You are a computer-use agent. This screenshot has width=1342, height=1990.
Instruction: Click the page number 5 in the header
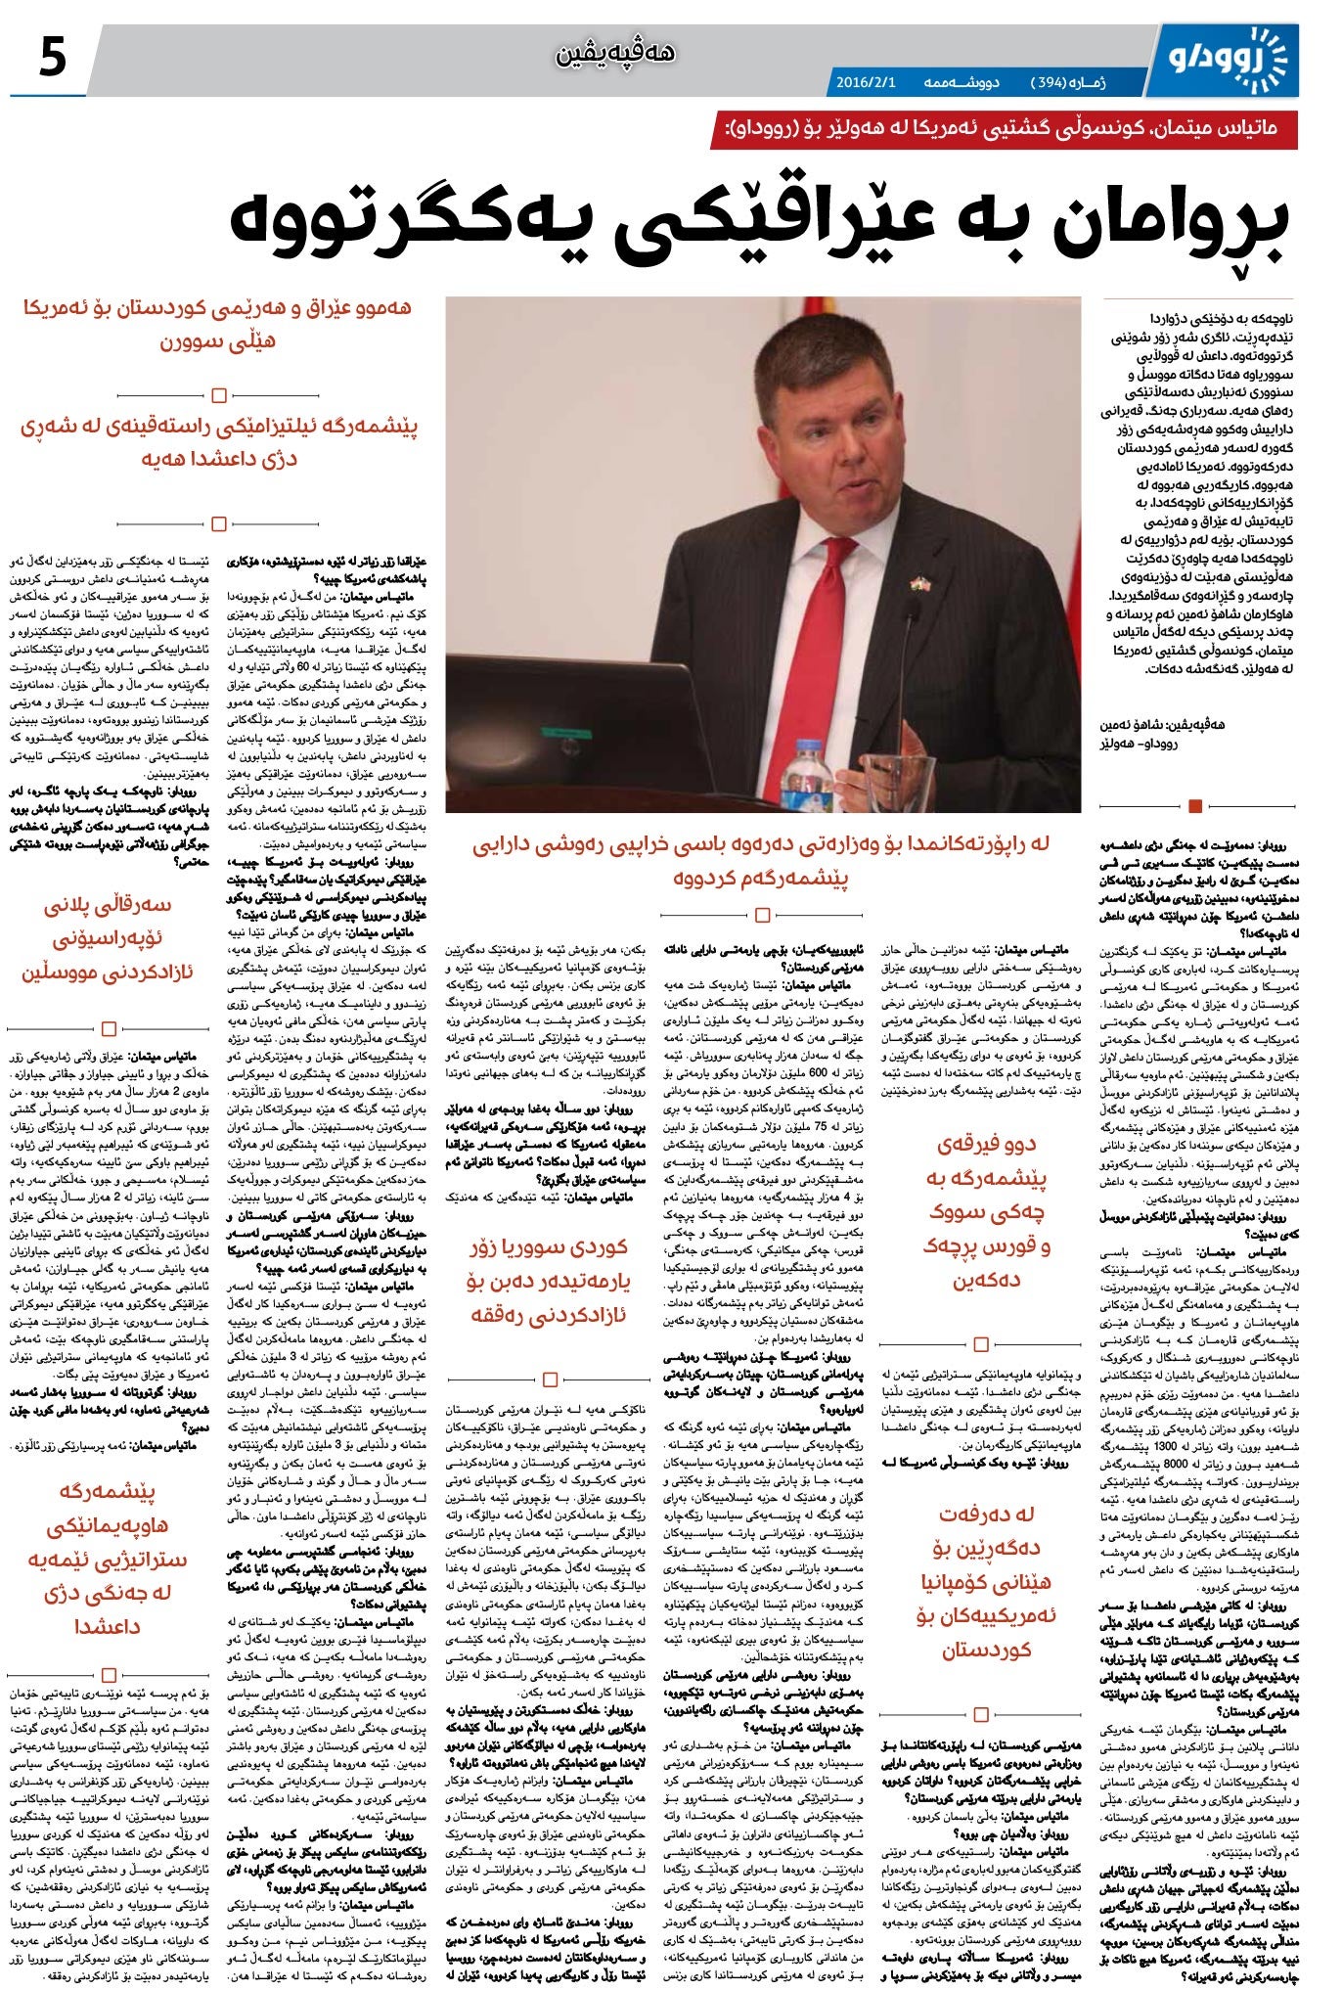(50, 58)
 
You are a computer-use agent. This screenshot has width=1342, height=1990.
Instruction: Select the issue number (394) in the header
(1061, 82)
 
